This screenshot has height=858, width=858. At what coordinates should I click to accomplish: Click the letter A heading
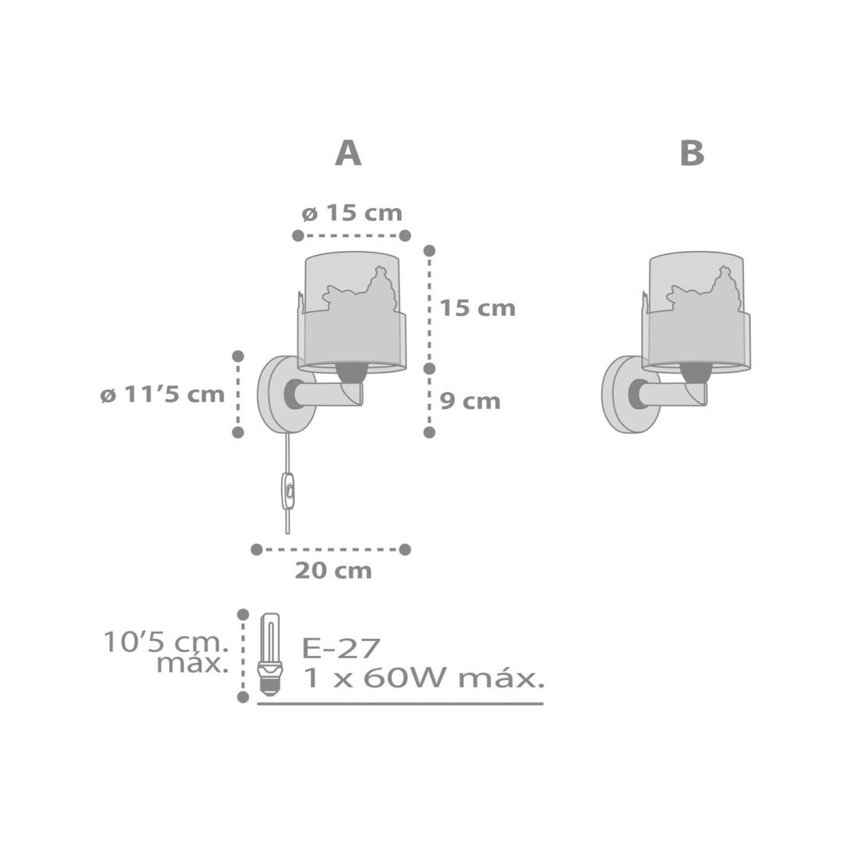348,153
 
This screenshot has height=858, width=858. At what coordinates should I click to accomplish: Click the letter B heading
692,153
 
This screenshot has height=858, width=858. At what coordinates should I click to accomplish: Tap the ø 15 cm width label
352,213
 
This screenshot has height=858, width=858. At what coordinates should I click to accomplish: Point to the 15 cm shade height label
477,308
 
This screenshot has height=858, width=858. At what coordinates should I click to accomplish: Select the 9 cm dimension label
470,401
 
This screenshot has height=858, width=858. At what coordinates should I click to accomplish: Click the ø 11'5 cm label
162,394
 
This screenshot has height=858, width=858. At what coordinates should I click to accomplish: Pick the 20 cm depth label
333,571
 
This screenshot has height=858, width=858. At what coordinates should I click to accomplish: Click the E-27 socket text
341,649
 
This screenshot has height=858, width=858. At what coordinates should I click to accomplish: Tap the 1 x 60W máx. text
423,679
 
